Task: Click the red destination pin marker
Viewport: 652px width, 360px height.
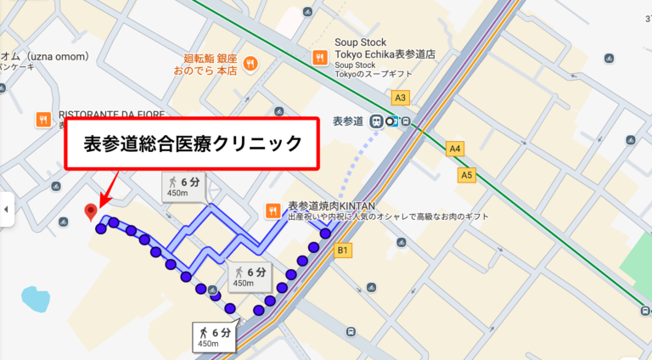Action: click(91, 211)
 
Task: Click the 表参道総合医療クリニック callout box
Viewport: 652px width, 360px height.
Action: click(194, 143)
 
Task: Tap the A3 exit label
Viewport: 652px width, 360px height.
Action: click(401, 97)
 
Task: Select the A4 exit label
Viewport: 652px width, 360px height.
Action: click(456, 149)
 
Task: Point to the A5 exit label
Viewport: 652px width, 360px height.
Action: click(466, 175)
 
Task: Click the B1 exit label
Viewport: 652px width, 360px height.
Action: click(344, 250)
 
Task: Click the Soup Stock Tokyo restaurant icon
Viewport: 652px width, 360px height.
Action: click(320, 58)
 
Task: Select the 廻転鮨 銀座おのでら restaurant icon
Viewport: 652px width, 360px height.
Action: click(250, 63)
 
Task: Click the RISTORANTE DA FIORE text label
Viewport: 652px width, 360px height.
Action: click(110, 115)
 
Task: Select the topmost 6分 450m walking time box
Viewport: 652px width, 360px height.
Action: click(187, 186)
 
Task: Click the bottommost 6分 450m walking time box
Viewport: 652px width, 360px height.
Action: click(213, 336)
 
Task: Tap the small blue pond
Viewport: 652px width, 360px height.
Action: click(37, 299)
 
